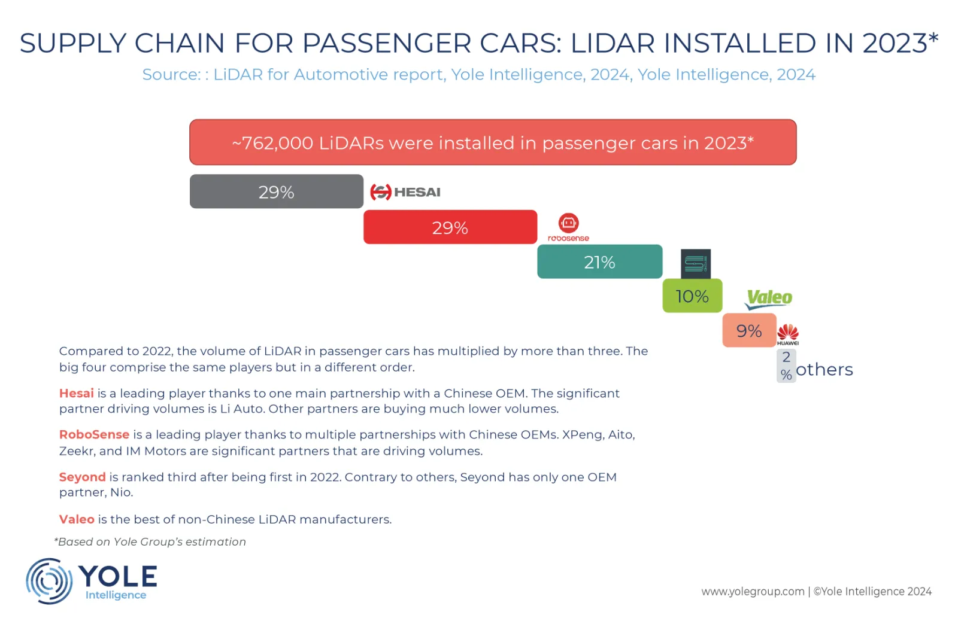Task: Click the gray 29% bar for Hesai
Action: coord(276,191)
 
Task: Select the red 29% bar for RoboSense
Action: coord(450,227)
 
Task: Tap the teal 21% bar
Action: coord(599,261)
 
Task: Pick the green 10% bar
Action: coord(692,296)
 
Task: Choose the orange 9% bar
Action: coord(749,330)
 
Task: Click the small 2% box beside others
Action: coord(786,366)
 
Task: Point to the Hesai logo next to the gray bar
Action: coord(405,192)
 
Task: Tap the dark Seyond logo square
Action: coord(696,263)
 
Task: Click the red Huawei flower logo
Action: coord(788,333)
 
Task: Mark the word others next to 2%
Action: coord(824,370)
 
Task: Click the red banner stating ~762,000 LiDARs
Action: coord(493,142)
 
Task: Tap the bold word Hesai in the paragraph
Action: coord(77,393)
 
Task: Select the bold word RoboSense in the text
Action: coord(94,434)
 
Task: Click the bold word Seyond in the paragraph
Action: coord(82,477)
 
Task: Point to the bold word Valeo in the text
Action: coord(77,519)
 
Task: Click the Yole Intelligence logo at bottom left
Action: coord(91,580)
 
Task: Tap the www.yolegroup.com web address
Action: coord(753,591)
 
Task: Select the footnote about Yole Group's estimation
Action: coord(150,541)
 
